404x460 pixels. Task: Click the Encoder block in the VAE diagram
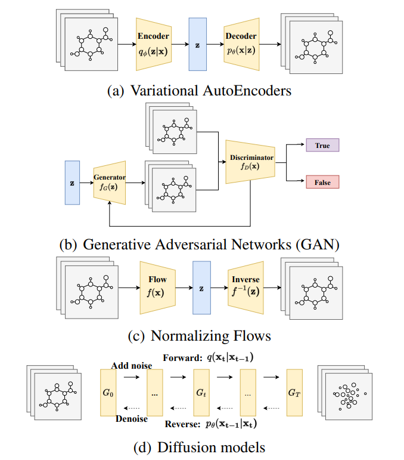[x=153, y=44]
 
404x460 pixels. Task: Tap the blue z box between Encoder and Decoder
[x=197, y=44]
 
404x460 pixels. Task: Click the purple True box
[x=322, y=145]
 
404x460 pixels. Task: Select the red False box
[x=322, y=181]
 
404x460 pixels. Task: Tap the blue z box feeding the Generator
[x=72, y=183]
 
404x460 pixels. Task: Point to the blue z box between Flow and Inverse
[x=201, y=287]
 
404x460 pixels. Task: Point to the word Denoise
[x=131, y=419]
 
